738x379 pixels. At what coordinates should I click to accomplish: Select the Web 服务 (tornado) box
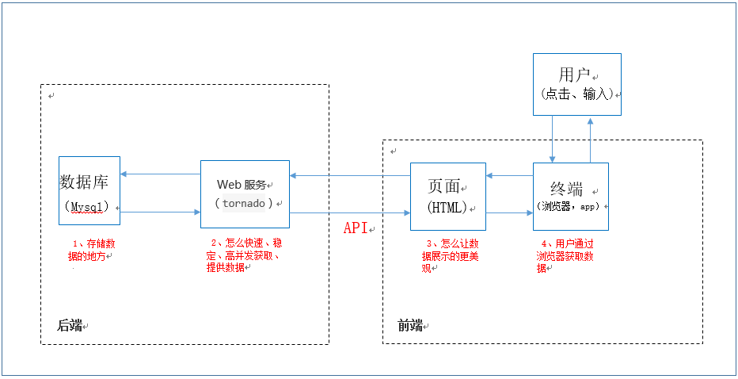245,193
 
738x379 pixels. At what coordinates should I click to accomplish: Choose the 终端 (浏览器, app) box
570,197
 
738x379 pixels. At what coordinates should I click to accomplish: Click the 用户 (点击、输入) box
576,84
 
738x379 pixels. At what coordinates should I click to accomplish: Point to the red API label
356,228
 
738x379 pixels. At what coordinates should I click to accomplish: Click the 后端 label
70,325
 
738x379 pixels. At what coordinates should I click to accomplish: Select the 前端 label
410,325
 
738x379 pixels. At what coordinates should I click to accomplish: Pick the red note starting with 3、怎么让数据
450,255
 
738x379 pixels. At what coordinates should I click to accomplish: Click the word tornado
244,203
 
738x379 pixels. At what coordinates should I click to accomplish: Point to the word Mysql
89,207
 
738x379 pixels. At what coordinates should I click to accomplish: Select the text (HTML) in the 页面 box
447,208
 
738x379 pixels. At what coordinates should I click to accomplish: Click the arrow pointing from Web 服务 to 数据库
160,174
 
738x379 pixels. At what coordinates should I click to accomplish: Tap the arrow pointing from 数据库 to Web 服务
160,212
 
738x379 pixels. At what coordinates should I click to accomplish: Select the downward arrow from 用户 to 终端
553,139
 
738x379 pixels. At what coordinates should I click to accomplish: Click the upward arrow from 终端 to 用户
590,139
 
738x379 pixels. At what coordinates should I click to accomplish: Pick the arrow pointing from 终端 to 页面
509,175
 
